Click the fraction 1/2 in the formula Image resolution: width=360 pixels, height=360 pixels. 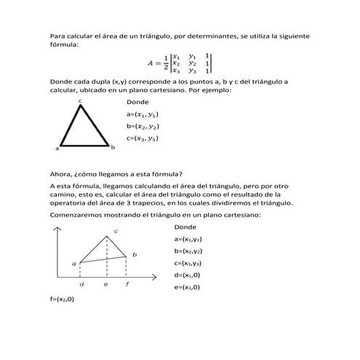(x=167, y=64)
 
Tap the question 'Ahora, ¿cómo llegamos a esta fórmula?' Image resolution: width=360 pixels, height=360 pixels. (x=116, y=173)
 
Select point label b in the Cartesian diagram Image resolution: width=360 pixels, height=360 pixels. (x=134, y=254)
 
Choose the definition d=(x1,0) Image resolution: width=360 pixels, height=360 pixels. (x=188, y=275)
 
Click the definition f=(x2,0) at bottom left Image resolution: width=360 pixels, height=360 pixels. (x=62, y=299)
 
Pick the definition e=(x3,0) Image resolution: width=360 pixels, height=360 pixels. (x=188, y=287)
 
